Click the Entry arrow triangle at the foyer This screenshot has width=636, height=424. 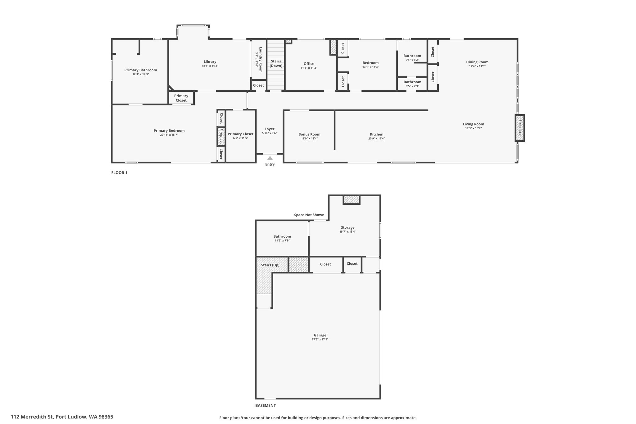270,158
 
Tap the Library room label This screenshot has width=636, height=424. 210,62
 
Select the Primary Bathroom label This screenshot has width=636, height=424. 141,70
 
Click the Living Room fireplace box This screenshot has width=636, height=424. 520,128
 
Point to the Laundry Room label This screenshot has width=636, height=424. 261,60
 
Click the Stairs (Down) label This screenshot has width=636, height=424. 276,63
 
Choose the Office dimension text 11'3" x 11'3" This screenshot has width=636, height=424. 309,68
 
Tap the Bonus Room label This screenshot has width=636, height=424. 309,134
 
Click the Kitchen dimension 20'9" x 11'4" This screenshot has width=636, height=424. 376,139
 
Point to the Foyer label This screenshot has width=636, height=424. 270,129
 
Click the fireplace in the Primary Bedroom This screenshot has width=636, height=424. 221,136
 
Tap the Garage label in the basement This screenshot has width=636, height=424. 320,335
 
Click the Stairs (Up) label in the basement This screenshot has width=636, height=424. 270,265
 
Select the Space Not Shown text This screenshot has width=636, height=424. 309,215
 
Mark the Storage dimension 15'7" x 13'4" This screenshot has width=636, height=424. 348,232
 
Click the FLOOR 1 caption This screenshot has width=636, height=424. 119,173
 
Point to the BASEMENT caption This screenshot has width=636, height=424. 266,405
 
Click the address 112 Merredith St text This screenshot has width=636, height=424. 32,417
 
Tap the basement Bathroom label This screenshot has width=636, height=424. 282,236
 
